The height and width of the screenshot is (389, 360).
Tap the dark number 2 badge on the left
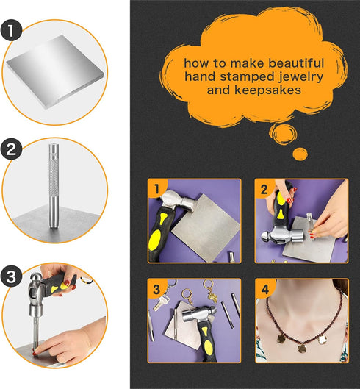11,150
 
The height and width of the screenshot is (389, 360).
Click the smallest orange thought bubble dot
300,153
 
